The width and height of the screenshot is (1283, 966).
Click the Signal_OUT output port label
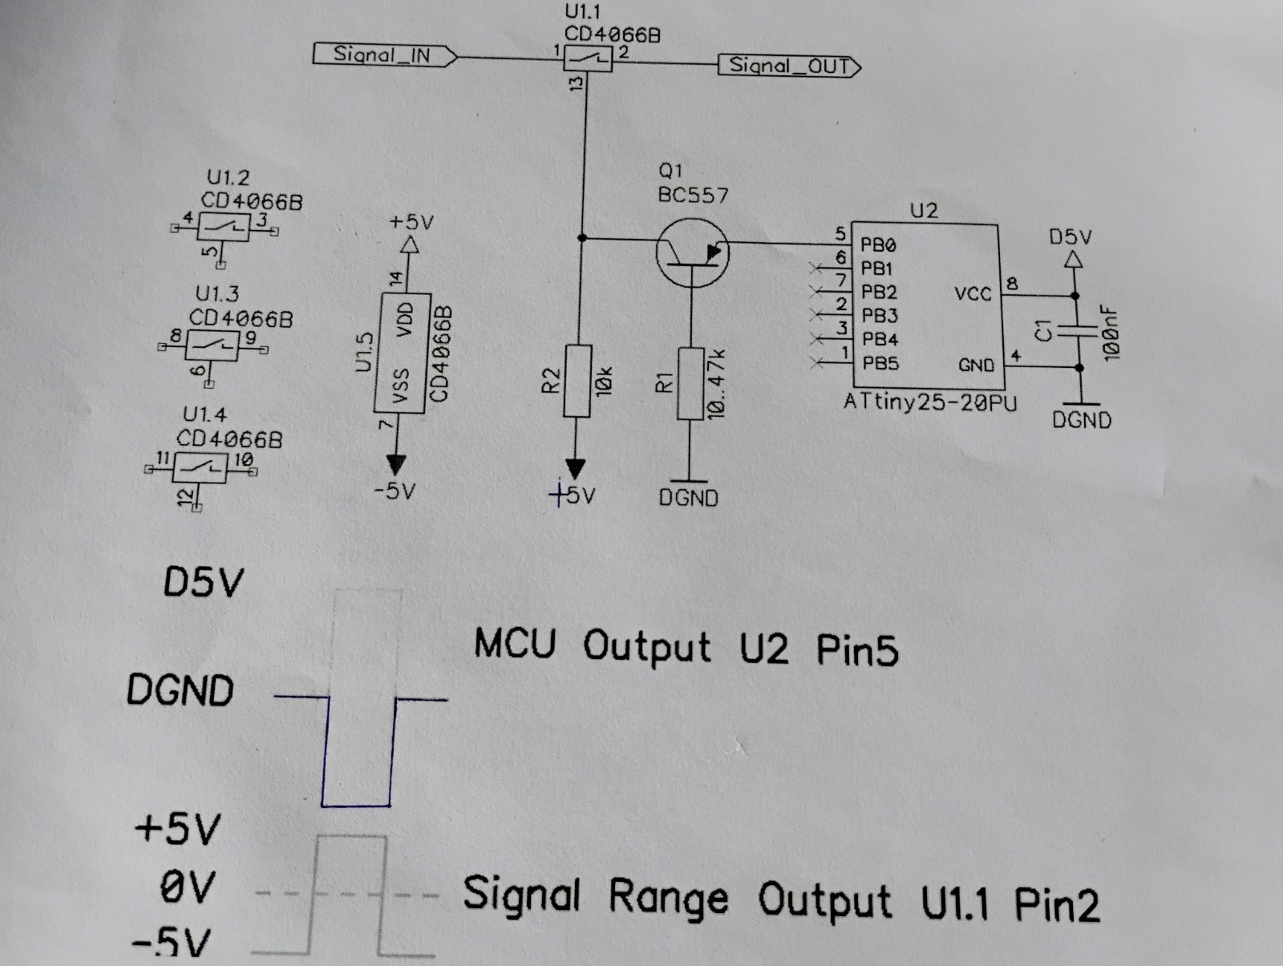[789, 66]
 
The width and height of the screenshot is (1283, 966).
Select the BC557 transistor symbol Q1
[692, 253]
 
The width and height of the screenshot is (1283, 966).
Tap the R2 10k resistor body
[577, 381]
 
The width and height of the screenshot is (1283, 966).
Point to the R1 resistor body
[690, 383]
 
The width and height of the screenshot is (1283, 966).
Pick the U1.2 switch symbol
[223, 227]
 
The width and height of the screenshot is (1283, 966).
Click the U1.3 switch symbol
[212, 346]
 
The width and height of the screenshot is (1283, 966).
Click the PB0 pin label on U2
[878, 245]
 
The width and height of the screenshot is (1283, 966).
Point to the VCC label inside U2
[973, 293]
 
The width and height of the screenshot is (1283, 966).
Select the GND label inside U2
[976, 366]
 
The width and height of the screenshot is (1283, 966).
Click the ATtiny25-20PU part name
[930, 402]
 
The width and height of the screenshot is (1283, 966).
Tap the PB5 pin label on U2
[880, 363]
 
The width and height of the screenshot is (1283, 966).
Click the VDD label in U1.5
[405, 319]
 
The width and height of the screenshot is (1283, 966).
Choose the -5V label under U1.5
[395, 491]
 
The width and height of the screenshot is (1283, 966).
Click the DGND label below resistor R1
[689, 498]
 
